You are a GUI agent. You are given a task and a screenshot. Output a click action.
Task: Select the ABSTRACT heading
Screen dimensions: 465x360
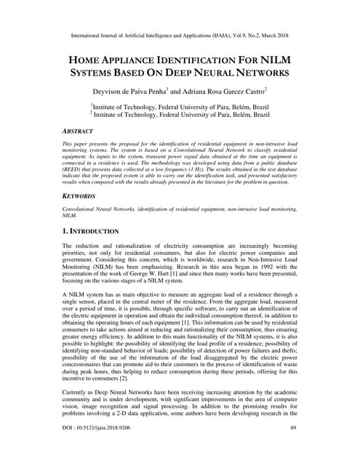point(78,132)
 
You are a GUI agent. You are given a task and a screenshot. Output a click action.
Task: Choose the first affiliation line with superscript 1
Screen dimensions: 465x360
point(179,105)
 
